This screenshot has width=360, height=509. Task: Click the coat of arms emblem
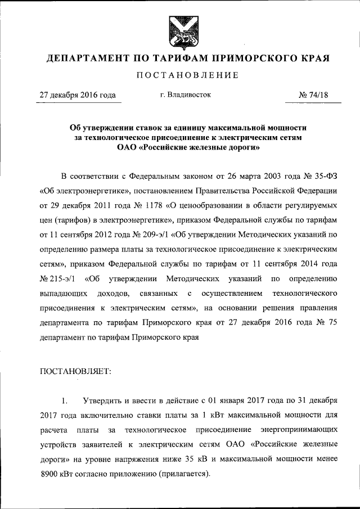pos(181,33)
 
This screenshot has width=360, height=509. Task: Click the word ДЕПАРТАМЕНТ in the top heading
pos(84,58)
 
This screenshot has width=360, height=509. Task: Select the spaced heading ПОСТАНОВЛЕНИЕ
pos(180,75)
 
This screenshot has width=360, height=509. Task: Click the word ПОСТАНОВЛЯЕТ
pos(75,371)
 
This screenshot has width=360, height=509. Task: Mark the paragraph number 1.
pos(64,400)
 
